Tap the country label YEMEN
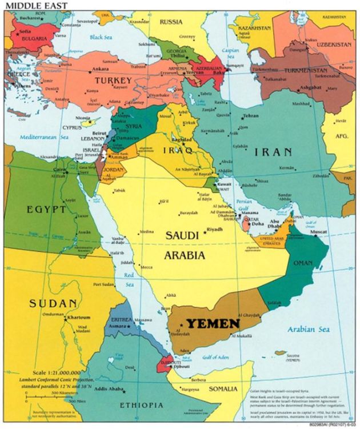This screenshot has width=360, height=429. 214,324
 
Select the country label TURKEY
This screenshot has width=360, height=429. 113,81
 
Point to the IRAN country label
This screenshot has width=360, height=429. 273,152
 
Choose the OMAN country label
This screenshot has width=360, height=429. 303,262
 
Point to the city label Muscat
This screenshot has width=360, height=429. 318,232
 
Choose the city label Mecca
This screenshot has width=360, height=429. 147,267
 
